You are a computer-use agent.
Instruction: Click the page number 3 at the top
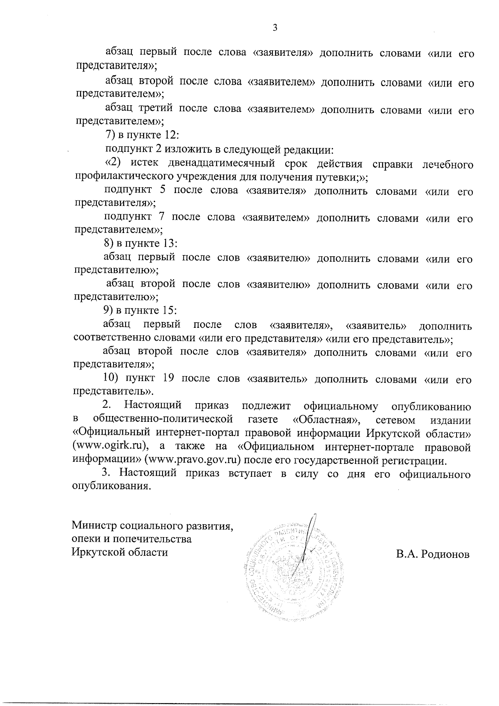pos(274,28)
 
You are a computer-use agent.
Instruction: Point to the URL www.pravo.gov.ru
pos(192,461)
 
